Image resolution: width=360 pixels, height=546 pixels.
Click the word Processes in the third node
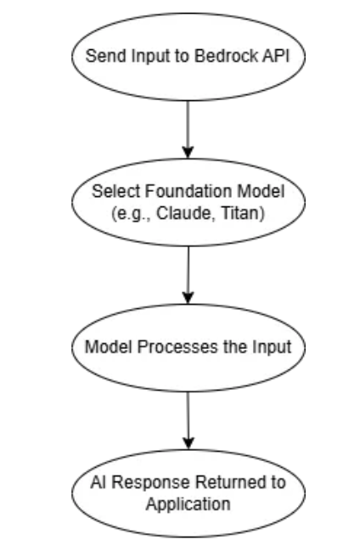point(180,349)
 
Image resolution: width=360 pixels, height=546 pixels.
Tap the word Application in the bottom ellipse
point(187,503)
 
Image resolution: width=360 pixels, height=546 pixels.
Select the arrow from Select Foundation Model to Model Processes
point(187,276)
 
